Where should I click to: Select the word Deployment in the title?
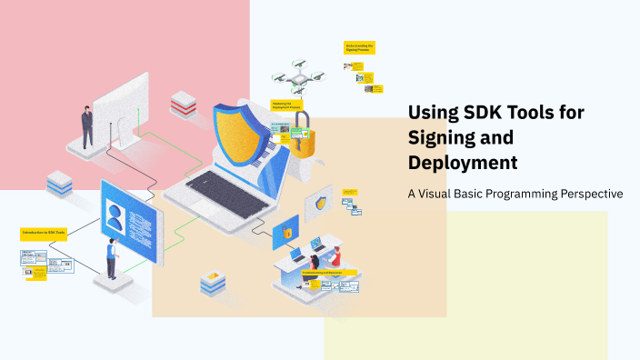(x=463, y=163)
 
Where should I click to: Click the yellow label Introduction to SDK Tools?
(x=44, y=234)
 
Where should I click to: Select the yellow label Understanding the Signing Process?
(x=360, y=46)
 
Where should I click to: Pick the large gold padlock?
(x=304, y=135)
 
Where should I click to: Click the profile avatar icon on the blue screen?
(x=115, y=215)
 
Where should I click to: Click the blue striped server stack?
(x=60, y=185)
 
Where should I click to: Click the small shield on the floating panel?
(x=320, y=203)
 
